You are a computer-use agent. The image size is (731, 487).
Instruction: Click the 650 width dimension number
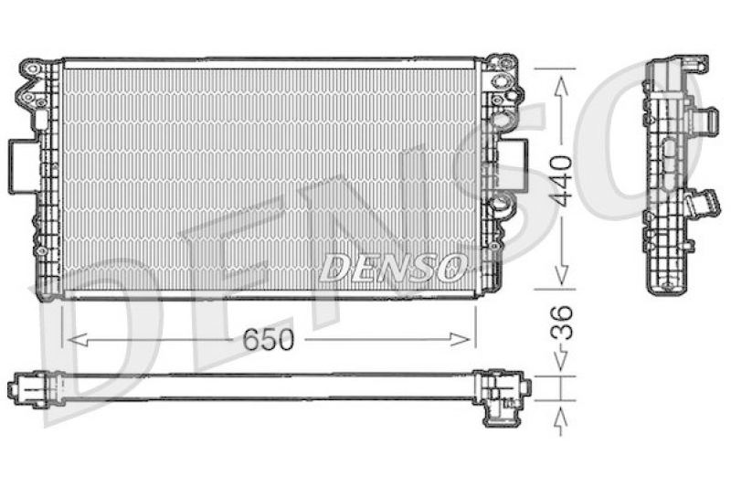269,339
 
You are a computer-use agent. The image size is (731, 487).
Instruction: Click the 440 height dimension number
561,181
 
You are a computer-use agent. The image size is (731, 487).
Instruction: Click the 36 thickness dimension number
561,323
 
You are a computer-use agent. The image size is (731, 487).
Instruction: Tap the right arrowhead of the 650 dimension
461,340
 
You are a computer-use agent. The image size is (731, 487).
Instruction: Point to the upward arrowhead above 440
561,85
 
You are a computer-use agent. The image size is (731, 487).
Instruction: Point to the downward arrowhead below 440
561,276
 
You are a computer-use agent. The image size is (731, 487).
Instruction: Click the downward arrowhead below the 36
561,360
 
